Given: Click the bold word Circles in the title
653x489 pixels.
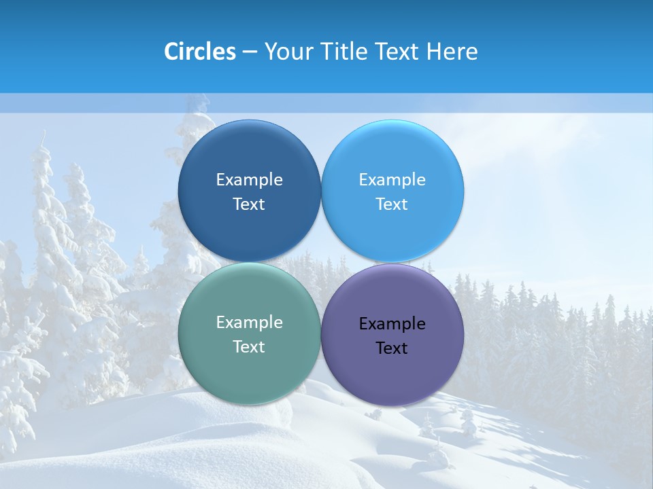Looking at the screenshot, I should (200, 52).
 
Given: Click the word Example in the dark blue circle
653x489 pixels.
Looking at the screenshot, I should (249, 180).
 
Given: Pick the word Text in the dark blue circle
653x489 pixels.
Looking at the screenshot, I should (249, 204).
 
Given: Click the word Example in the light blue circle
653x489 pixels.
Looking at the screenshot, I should (392, 180).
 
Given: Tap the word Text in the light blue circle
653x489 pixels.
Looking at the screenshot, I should (392, 204).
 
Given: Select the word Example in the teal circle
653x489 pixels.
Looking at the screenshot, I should (249, 323).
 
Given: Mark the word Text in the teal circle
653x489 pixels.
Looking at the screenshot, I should (249, 347).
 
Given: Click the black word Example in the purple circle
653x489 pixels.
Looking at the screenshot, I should (392, 324).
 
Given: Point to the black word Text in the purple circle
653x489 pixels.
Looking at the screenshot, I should (392, 348).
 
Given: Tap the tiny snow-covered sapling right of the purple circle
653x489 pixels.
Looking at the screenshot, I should (468, 421).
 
